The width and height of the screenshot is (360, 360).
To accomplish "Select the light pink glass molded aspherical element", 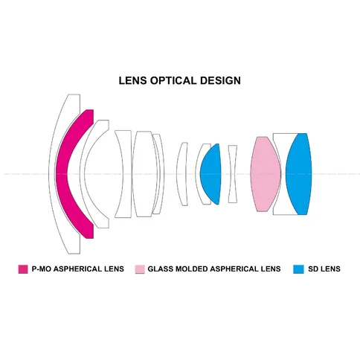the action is (x=266, y=174).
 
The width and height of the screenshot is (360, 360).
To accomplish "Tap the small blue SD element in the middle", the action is (x=210, y=174).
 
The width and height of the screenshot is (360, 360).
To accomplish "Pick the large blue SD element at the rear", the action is (x=299, y=174).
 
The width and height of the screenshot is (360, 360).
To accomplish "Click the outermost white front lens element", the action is (x=51, y=173).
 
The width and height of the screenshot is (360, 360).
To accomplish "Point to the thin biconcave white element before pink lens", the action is (x=233, y=174).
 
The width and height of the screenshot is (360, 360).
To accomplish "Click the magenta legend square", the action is (x=23, y=269).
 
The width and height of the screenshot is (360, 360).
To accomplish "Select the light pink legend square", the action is (x=140, y=269).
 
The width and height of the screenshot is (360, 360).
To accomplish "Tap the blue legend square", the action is (x=298, y=269).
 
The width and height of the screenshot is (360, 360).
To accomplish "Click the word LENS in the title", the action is (x=132, y=81).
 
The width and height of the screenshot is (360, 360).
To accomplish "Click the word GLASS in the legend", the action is (x=161, y=269).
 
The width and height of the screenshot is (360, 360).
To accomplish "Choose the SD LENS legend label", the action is (x=324, y=269).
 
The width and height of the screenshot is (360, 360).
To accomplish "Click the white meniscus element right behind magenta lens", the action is (x=83, y=173).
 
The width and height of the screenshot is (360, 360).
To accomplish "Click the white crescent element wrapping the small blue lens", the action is (x=198, y=174).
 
